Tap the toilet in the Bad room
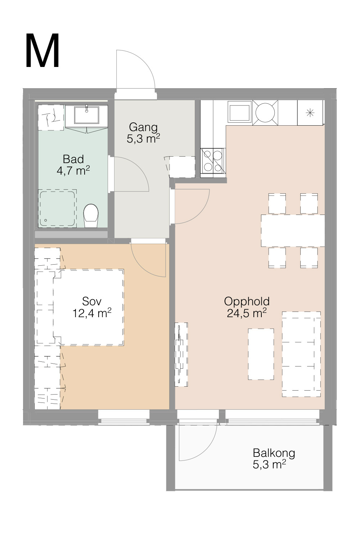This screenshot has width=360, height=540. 91,216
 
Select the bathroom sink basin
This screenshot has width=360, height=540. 86,115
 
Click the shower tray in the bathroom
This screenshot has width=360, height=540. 57,208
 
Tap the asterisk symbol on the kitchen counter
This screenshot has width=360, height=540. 310,113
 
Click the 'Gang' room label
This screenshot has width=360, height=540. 143,127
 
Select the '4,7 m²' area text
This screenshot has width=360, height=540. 73,171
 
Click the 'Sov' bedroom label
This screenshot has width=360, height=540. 92,301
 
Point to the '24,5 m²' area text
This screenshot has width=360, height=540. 247,313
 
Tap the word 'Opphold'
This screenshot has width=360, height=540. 247,302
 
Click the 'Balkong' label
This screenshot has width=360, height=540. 274,453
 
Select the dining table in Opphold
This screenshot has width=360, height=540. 293,231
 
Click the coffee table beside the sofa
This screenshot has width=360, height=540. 261,354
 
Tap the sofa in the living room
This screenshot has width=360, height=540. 301,354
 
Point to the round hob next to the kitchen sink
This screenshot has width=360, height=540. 265,113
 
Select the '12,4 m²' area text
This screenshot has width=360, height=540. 92,313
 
